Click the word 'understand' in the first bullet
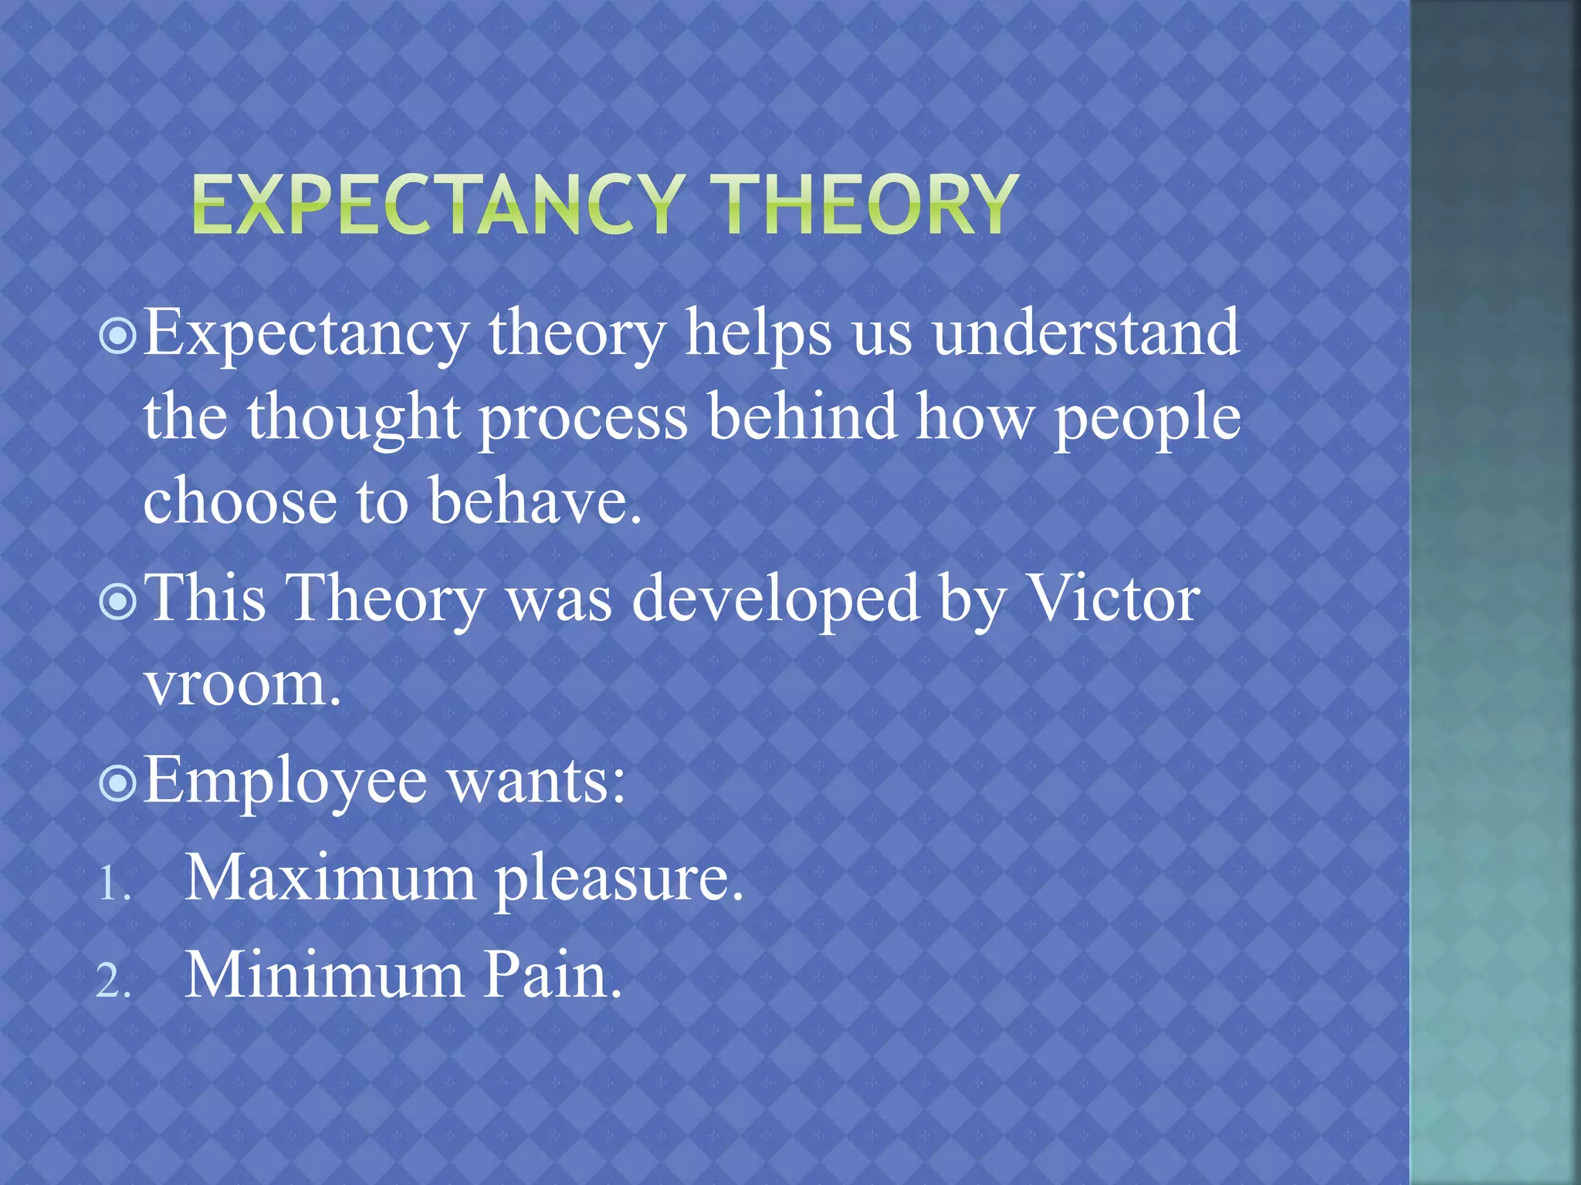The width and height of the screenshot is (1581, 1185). (x=1085, y=333)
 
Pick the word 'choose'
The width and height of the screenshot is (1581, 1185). (x=240, y=501)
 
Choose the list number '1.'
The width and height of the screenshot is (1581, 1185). (x=113, y=884)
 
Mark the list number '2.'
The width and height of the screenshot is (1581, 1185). (x=113, y=982)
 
